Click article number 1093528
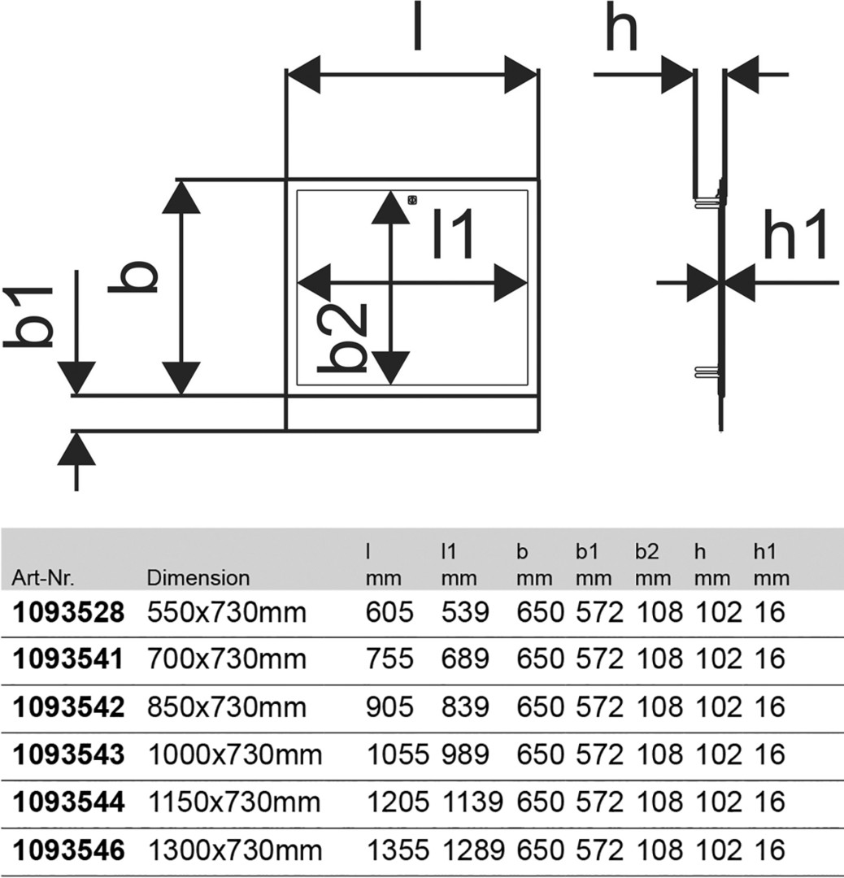[68, 613]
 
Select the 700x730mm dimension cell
[227, 659]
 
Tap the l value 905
[389, 707]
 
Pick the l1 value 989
[465, 754]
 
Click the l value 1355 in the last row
[398, 850]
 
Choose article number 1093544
[68, 802]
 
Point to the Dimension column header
[198, 578]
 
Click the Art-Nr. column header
[43, 578]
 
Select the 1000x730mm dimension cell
[235, 754]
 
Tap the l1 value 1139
[473, 802]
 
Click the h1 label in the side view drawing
[795, 235]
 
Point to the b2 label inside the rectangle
[342, 338]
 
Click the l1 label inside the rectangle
[455, 233]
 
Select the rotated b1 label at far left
[28, 317]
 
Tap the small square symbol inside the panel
[413, 200]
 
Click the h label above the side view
[621, 28]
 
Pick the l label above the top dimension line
[417, 26]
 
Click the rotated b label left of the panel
[133, 276]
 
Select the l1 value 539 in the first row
[465, 613]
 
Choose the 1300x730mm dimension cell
[235, 850]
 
